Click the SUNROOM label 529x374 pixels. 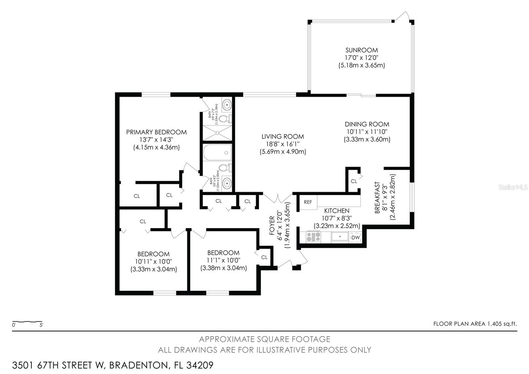point(361,50)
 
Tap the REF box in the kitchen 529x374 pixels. point(308,202)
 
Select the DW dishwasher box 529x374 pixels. point(355,238)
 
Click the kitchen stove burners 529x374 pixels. point(313,237)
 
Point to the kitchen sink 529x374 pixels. point(340,237)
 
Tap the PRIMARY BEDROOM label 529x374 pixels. point(156,132)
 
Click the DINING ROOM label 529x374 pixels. point(367,124)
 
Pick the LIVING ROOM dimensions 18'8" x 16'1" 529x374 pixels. point(283,144)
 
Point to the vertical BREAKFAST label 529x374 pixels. point(377,197)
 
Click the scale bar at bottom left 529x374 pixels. point(27,322)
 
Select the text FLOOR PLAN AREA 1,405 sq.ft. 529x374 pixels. point(475,324)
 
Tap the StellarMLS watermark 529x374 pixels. point(513,188)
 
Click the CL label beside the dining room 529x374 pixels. point(354,181)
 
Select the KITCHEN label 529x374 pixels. point(337,211)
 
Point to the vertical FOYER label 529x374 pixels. point(272,225)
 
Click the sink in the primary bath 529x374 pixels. point(227,105)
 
